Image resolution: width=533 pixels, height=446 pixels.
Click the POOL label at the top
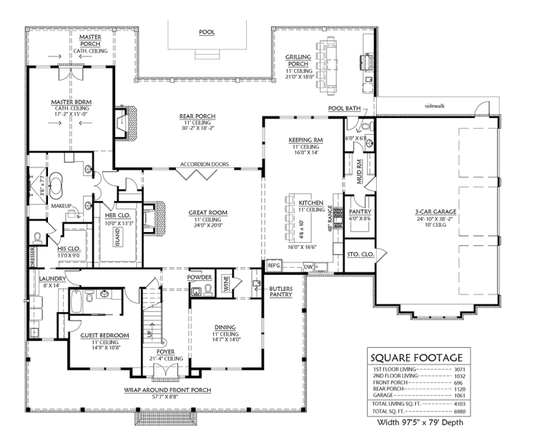click(206, 33)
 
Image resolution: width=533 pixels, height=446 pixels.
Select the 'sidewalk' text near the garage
click(455, 106)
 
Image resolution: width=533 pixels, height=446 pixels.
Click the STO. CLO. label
click(359, 253)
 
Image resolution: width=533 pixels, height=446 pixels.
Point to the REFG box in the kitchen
click(275, 265)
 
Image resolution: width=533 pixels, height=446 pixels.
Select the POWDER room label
click(199, 278)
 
